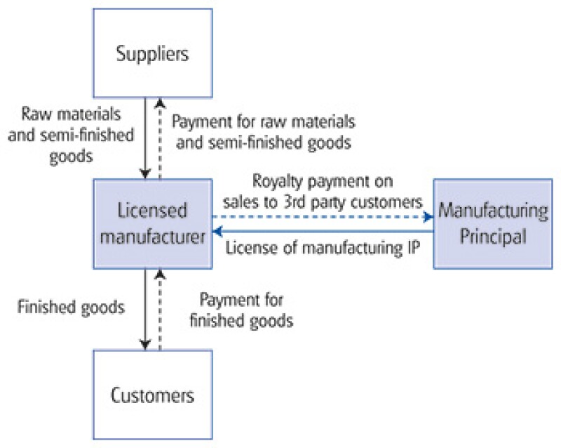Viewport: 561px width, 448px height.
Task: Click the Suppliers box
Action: coord(153,53)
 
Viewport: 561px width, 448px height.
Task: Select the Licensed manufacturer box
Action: coord(153,223)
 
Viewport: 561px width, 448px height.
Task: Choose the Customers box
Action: coord(153,395)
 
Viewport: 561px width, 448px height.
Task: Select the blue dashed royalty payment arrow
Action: coord(323,216)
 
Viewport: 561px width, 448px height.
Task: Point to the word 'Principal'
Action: coord(492,236)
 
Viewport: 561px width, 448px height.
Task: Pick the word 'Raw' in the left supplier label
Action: coord(36,114)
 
